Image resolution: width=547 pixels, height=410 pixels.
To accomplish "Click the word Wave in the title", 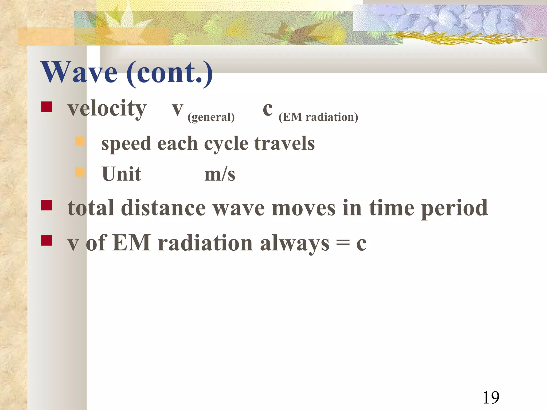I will [79, 72].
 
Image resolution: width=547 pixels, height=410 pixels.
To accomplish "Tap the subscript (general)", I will [211, 117].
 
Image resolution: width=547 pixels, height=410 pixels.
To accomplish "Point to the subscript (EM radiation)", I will [318, 117].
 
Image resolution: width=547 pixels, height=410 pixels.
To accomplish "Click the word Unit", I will [122, 174].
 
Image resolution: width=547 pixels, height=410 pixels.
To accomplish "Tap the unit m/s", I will [220, 175].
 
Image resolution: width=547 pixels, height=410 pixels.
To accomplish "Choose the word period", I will [454, 208].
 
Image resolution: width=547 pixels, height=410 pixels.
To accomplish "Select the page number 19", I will [491, 397].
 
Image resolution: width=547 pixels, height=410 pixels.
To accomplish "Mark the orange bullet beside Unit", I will [80, 172].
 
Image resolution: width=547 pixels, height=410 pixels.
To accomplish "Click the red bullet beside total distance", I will [46, 205].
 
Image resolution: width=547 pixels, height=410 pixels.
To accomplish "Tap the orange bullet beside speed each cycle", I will [80, 141].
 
